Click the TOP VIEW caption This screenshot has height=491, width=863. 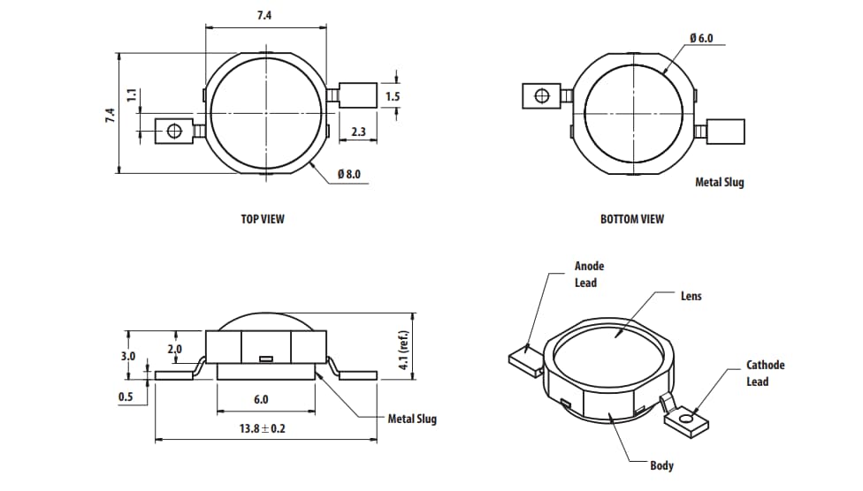[263, 219]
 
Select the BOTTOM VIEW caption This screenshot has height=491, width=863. [631, 219]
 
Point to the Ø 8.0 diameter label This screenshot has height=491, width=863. [349, 175]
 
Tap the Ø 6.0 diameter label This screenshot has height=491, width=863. [700, 39]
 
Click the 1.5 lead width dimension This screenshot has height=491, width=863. [393, 96]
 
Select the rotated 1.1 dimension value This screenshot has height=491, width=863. [131, 95]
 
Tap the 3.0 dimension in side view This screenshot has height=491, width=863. [128, 357]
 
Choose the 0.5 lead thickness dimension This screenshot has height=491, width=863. [126, 397]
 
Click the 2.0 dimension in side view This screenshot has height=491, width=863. [175, 350]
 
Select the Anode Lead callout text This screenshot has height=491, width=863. [588, 274]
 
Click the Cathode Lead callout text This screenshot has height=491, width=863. [764, 373]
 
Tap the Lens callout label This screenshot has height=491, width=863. [691, 296]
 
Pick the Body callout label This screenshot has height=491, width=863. [661, 465]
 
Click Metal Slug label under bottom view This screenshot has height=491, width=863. [719, 182]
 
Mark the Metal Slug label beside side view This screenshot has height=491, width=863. [412, 419]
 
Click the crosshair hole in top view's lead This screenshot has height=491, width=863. [174, 132]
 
